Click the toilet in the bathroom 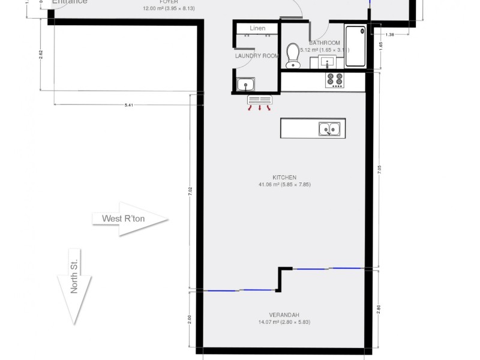(293, 56)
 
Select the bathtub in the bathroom (356, 46)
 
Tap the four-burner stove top (335, 80)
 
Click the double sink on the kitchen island (329, 128)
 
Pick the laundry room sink (246, 85)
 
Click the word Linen (257, 28)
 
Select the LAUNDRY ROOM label (257, 56)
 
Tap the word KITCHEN (284, 178)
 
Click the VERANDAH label (284, 315)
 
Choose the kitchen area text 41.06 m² (284, 184)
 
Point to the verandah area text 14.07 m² (284, 322)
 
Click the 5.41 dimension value (128, 105)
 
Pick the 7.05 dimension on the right (379, 170)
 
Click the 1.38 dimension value (391, 35)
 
